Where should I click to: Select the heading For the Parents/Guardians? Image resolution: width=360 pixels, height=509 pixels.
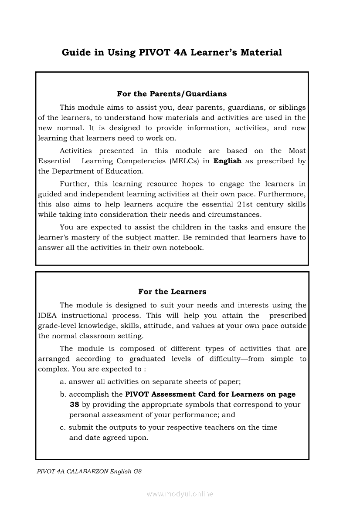(172, 94)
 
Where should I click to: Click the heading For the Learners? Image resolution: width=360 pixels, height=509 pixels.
(172, 292)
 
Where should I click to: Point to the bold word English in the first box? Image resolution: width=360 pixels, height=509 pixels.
(227, 161)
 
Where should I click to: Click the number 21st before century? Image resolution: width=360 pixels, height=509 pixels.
(246, 205)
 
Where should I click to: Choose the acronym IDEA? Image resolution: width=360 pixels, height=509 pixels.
(48, 316)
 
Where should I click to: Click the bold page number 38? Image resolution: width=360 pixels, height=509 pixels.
(74, 405)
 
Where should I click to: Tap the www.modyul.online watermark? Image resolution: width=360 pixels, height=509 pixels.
(180, 494)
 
